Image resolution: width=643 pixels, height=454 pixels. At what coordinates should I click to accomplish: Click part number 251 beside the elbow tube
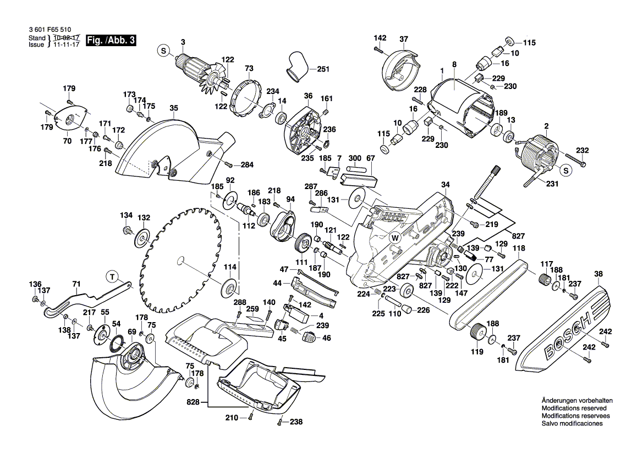323,69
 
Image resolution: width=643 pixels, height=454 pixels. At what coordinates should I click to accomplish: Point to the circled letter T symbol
112,276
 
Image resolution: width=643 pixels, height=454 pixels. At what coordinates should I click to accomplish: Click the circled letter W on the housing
394,238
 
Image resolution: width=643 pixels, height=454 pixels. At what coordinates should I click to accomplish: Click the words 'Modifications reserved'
574,408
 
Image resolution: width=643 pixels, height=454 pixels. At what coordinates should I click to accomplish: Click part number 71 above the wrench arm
76,284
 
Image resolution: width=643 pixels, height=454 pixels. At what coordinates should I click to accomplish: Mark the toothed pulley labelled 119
476,332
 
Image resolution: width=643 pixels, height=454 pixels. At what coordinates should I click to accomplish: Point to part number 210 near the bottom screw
231,418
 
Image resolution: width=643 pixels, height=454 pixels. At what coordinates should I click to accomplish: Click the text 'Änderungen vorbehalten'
576,401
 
